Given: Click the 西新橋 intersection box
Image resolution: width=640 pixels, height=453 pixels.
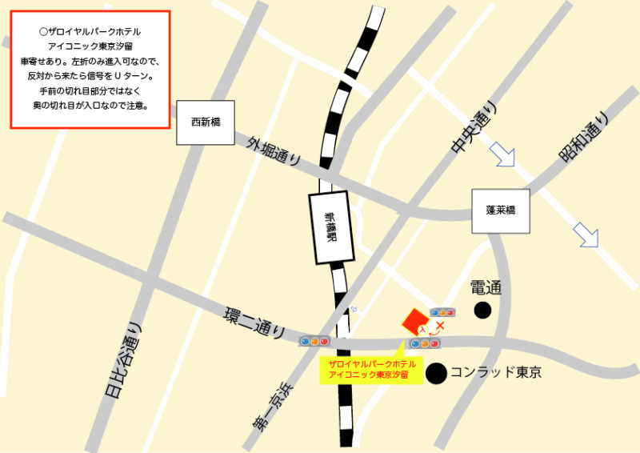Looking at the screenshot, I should (x=205, y=122).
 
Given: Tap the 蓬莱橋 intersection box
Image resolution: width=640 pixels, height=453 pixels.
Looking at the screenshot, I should (x=501, y=210).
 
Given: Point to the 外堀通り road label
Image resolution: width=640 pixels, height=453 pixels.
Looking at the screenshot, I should (x=274, y=151).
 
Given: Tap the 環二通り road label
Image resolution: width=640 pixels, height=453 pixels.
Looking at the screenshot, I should (x=254, y=320).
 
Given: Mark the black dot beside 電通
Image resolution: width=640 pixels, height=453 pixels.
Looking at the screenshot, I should (x=483, y=310).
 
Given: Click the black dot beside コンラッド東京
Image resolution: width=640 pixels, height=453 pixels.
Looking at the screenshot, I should (x=436, y=372).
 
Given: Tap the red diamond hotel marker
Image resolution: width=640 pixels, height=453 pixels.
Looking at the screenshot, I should (x=415, y=322).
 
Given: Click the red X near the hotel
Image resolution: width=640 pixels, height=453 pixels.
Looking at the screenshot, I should (x=439, y=326).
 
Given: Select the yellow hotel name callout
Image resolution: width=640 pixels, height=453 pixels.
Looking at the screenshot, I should (x=370, y=370).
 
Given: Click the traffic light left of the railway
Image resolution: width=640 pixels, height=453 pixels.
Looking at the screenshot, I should (x=314, y=342).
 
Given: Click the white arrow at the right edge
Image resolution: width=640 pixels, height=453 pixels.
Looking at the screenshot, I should (x=586, y=234).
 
